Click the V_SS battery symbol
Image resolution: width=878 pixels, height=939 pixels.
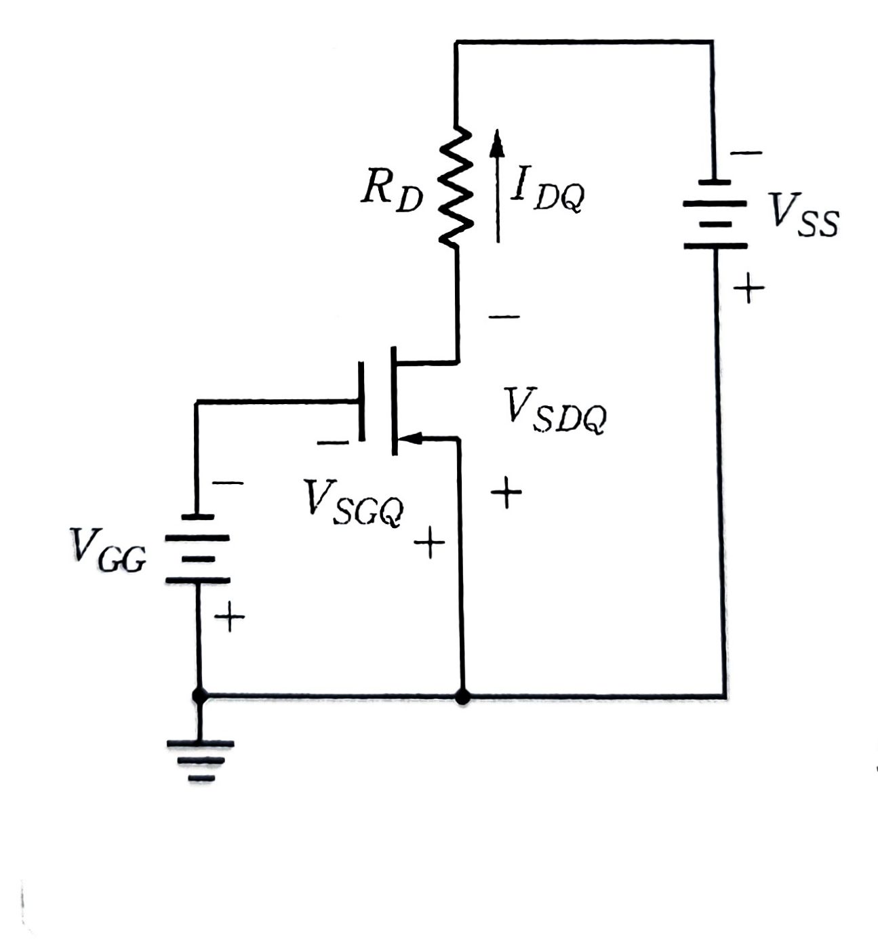(715, 214)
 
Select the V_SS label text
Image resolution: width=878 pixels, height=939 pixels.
(803, 214)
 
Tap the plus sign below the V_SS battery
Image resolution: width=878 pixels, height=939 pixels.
(748, 289)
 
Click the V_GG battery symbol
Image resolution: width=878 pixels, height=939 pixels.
(197, 548)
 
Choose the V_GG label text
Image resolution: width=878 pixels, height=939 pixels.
(108, 550)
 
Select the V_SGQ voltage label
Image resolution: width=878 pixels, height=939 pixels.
(353, 502)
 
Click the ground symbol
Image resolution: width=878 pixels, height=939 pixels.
(199, 760)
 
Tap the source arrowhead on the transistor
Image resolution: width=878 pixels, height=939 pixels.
(411, 439)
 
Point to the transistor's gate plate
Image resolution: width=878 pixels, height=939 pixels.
(361, 402)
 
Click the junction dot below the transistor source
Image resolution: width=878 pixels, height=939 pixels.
(462, 696)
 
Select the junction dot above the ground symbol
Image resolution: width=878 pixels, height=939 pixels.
(199, 696)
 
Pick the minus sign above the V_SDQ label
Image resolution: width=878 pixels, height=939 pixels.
(504, 317)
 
